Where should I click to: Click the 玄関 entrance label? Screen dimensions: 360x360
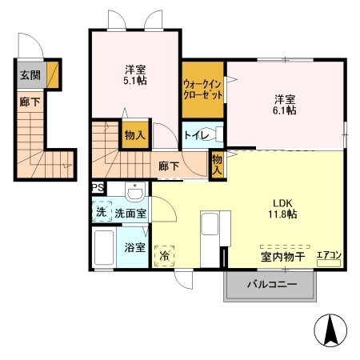coord(30,78)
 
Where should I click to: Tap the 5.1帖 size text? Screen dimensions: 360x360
coord(135,81)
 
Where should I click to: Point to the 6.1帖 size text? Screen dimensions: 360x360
coord(286,110)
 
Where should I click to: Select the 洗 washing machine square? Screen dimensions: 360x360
coord(100,214)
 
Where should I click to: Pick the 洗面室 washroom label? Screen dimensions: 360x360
coord(130,214)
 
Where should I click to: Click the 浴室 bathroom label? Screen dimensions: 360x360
coord(135,247)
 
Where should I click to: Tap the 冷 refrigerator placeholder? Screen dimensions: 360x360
coord(165,256)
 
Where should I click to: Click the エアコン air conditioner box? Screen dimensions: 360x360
coord(329,255)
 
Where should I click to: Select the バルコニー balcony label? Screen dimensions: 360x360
coord(271,285)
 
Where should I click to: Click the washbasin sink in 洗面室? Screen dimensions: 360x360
coord(135,192)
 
